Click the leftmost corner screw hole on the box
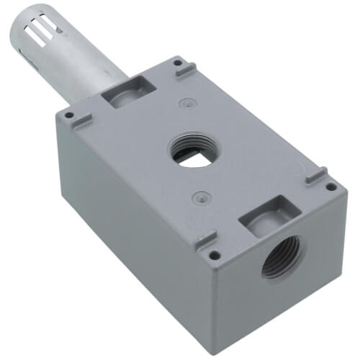[68, 114]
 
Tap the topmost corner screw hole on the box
[177, 63]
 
